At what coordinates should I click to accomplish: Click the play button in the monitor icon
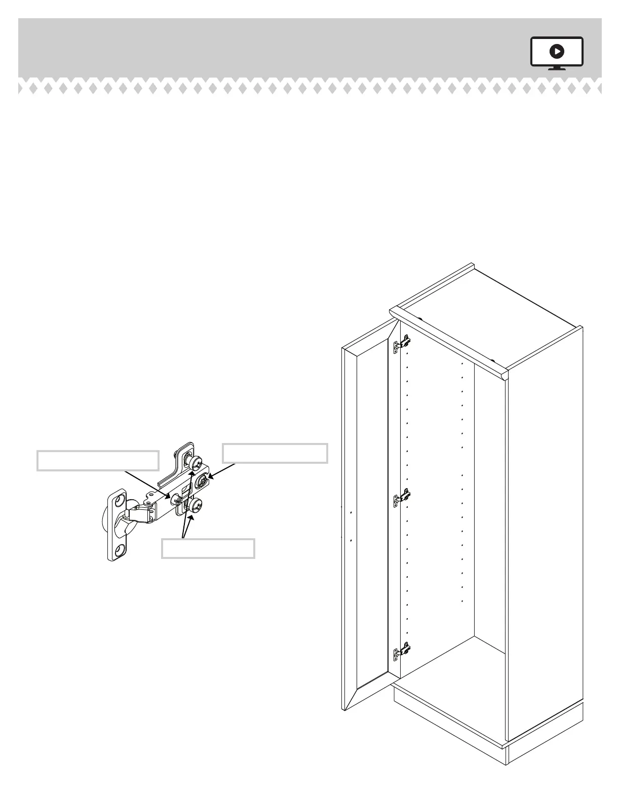click(x=557, y=51)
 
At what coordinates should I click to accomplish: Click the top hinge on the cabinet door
click(x=402, y=345)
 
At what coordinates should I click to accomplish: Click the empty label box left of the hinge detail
click(x=98, y=460)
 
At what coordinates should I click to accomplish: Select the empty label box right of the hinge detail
click(x=275, y=453)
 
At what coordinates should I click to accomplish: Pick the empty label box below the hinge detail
click(x=208, y=549)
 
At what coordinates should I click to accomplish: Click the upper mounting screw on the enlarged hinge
click(x=195, y=463)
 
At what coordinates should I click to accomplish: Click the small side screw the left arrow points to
click(x=177, y=499)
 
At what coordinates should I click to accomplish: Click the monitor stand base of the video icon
click(x=557, y=68)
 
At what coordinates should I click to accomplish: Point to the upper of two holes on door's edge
click(x=351, y=512)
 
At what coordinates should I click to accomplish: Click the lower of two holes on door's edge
click(x=351, y=540)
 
